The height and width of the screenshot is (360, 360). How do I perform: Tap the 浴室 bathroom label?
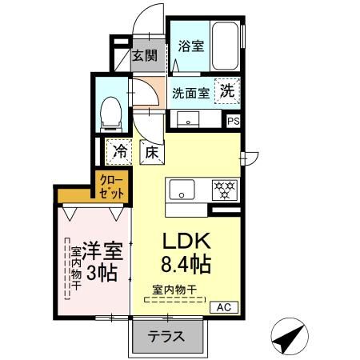(190, 46)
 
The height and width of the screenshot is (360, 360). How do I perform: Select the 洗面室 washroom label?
(191, 92)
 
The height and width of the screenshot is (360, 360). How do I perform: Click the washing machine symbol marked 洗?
(227, 91)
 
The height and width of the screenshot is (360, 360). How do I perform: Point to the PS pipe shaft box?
(233, 122)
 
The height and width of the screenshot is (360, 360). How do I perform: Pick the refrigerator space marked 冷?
(120, 149)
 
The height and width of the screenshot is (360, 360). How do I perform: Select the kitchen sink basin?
(182, 190)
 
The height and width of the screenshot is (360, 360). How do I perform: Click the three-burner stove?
(223, 190)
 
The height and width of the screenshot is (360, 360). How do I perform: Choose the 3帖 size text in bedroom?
(102, 272)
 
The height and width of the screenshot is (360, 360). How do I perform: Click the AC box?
(223, 306)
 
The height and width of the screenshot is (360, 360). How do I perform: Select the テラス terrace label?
(166, 337)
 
